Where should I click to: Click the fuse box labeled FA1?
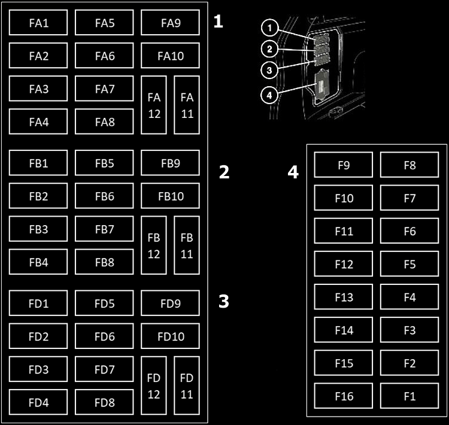[x=38, y=23]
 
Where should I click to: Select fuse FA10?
[x=170, y=56]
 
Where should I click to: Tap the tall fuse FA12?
[x=154, y=105]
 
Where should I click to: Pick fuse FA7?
[x=104, y=89]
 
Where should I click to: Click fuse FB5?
[x=104, y=163]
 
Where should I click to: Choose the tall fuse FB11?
[x=187, y=245]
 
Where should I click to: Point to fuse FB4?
[x=38, y=262]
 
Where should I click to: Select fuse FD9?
[x=170, y=303]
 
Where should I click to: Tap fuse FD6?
[x=104, y=336]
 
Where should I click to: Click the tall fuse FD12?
[x=154, y=385]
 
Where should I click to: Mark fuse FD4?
[x=38, y=402]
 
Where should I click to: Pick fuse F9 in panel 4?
[x=343, y=165]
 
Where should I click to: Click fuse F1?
[x=409, y=396]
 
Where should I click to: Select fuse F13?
[x=343, y=297]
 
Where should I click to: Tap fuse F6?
[x=409, y=231]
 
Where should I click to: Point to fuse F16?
[x=343, y=396]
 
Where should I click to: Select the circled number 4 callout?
[x=270, y=94]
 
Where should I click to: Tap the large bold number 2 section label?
[x=224, y=172]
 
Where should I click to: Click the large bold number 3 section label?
[x=223, y=301]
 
